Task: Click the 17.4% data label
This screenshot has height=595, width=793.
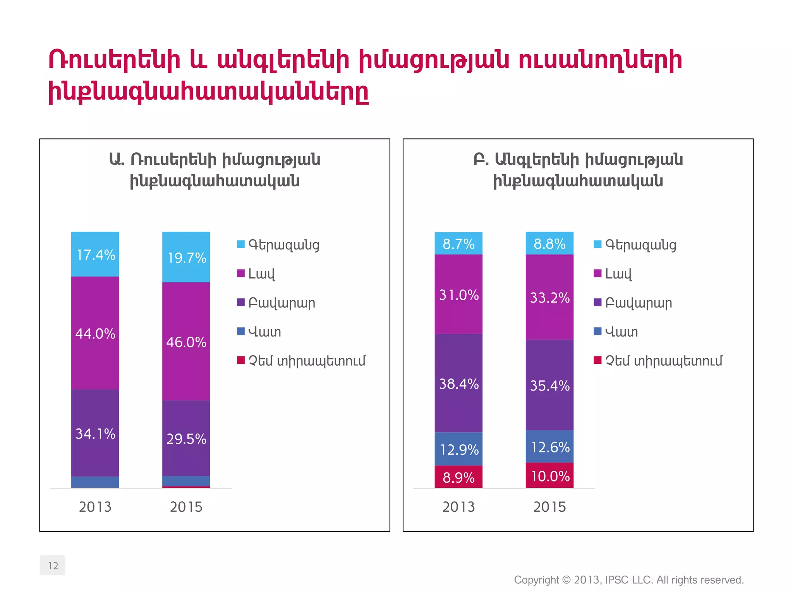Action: pyautogui.click(x=96, y=255)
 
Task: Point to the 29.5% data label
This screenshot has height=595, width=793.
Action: pyautogui.click(x=186, y=439)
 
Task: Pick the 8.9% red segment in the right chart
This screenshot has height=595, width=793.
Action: pyautogui.click(x=458, y=477)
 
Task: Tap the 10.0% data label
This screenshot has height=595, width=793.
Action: pyautogui.click(x=550, y=476)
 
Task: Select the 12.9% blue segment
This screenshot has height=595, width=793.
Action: pyautogui.click(x=458, y=449)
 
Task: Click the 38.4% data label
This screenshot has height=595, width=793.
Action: pyautogui.click(x=459, y=383)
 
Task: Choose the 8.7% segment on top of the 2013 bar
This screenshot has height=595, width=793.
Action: pyautogui.click(x=458, y=244)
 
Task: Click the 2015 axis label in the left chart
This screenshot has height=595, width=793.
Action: pyautogui.click(x=186, y=507)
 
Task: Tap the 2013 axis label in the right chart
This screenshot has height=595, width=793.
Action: pyautogui.click(x=458, y=507)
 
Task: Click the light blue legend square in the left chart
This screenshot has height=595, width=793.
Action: pyautogui.click(x=241, y=244)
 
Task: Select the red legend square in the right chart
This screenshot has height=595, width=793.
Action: pyautogui.click(x=597, y=360)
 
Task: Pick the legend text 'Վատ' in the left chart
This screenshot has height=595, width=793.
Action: pyautogui.click(x=265, y=332)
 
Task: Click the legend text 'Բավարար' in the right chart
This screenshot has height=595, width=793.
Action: pyautogui.click(x=639, y=303)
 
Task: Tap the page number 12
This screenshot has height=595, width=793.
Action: pyautogui.click(x=53, y=566)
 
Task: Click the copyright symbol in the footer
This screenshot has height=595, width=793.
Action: pyautogui.click(x=566, y=580)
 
